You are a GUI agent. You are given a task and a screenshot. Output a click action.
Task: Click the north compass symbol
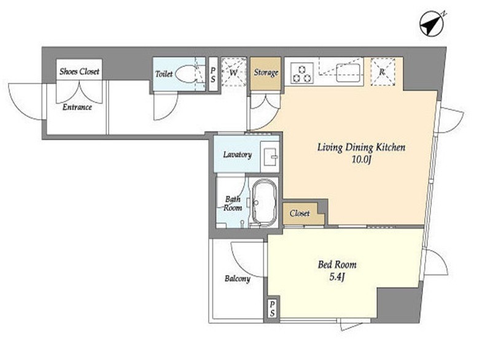[x=432, y=23]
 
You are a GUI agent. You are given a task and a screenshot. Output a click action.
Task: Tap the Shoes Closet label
[x=79, y=71]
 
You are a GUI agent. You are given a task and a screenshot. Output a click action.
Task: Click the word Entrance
[x=77, y=107]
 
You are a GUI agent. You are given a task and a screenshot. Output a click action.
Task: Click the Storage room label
[x=266, y=72]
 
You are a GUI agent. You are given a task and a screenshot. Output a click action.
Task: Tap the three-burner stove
[x=301, y=73]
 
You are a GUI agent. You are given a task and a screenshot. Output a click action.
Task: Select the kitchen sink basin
[x=348, y=73]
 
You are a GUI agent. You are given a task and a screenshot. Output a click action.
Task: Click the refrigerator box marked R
[x=383, y=72]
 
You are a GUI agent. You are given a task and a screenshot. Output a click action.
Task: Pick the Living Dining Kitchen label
[x=361, y=147]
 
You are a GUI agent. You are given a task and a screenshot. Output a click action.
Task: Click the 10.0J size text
[x=362, y=160]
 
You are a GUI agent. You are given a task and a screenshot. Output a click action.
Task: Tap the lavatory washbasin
[x=270, y=157]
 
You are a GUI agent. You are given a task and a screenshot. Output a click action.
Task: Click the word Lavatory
[x=237, y=155]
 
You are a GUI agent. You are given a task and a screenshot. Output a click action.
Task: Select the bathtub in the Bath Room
[x=264, y=203]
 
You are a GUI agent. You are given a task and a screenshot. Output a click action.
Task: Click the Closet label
[x=300, y=213]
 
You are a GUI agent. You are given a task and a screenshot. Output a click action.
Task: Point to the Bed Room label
[x=337, y=264]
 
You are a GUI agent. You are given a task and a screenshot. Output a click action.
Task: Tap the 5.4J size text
[x=337, y=277]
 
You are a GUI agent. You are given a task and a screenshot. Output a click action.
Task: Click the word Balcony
[x=237, y=279]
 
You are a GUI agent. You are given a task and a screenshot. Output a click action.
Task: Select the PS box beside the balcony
[x=272, y=308]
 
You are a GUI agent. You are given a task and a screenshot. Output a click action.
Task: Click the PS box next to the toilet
[x=213, y=74]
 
